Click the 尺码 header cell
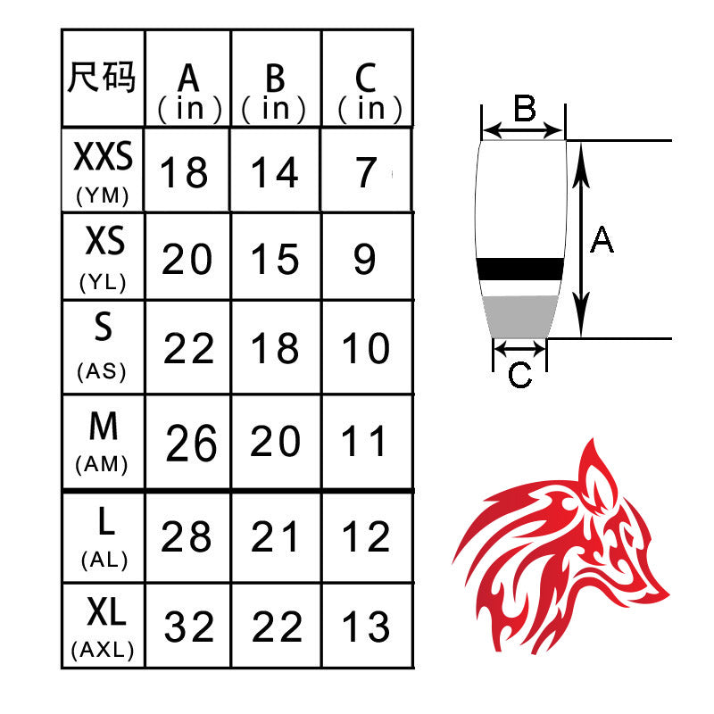tap(103, 79)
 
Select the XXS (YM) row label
tap(103, 170)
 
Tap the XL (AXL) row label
tap(103, 627)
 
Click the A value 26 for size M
tap(191, 443)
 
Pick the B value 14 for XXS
tap(274, 172)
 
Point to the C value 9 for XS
tap(365, 260)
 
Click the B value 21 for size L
tap(276, 537)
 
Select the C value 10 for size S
tap(366, 349)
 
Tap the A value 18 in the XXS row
tap(185, 172)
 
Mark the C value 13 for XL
tap(367, 627)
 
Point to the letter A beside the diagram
tap(602, 239)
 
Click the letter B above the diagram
tap(524, 110)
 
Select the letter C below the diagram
tap(519, 376)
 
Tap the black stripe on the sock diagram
tap(520, 269)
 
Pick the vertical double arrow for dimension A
tap(580, 239)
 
